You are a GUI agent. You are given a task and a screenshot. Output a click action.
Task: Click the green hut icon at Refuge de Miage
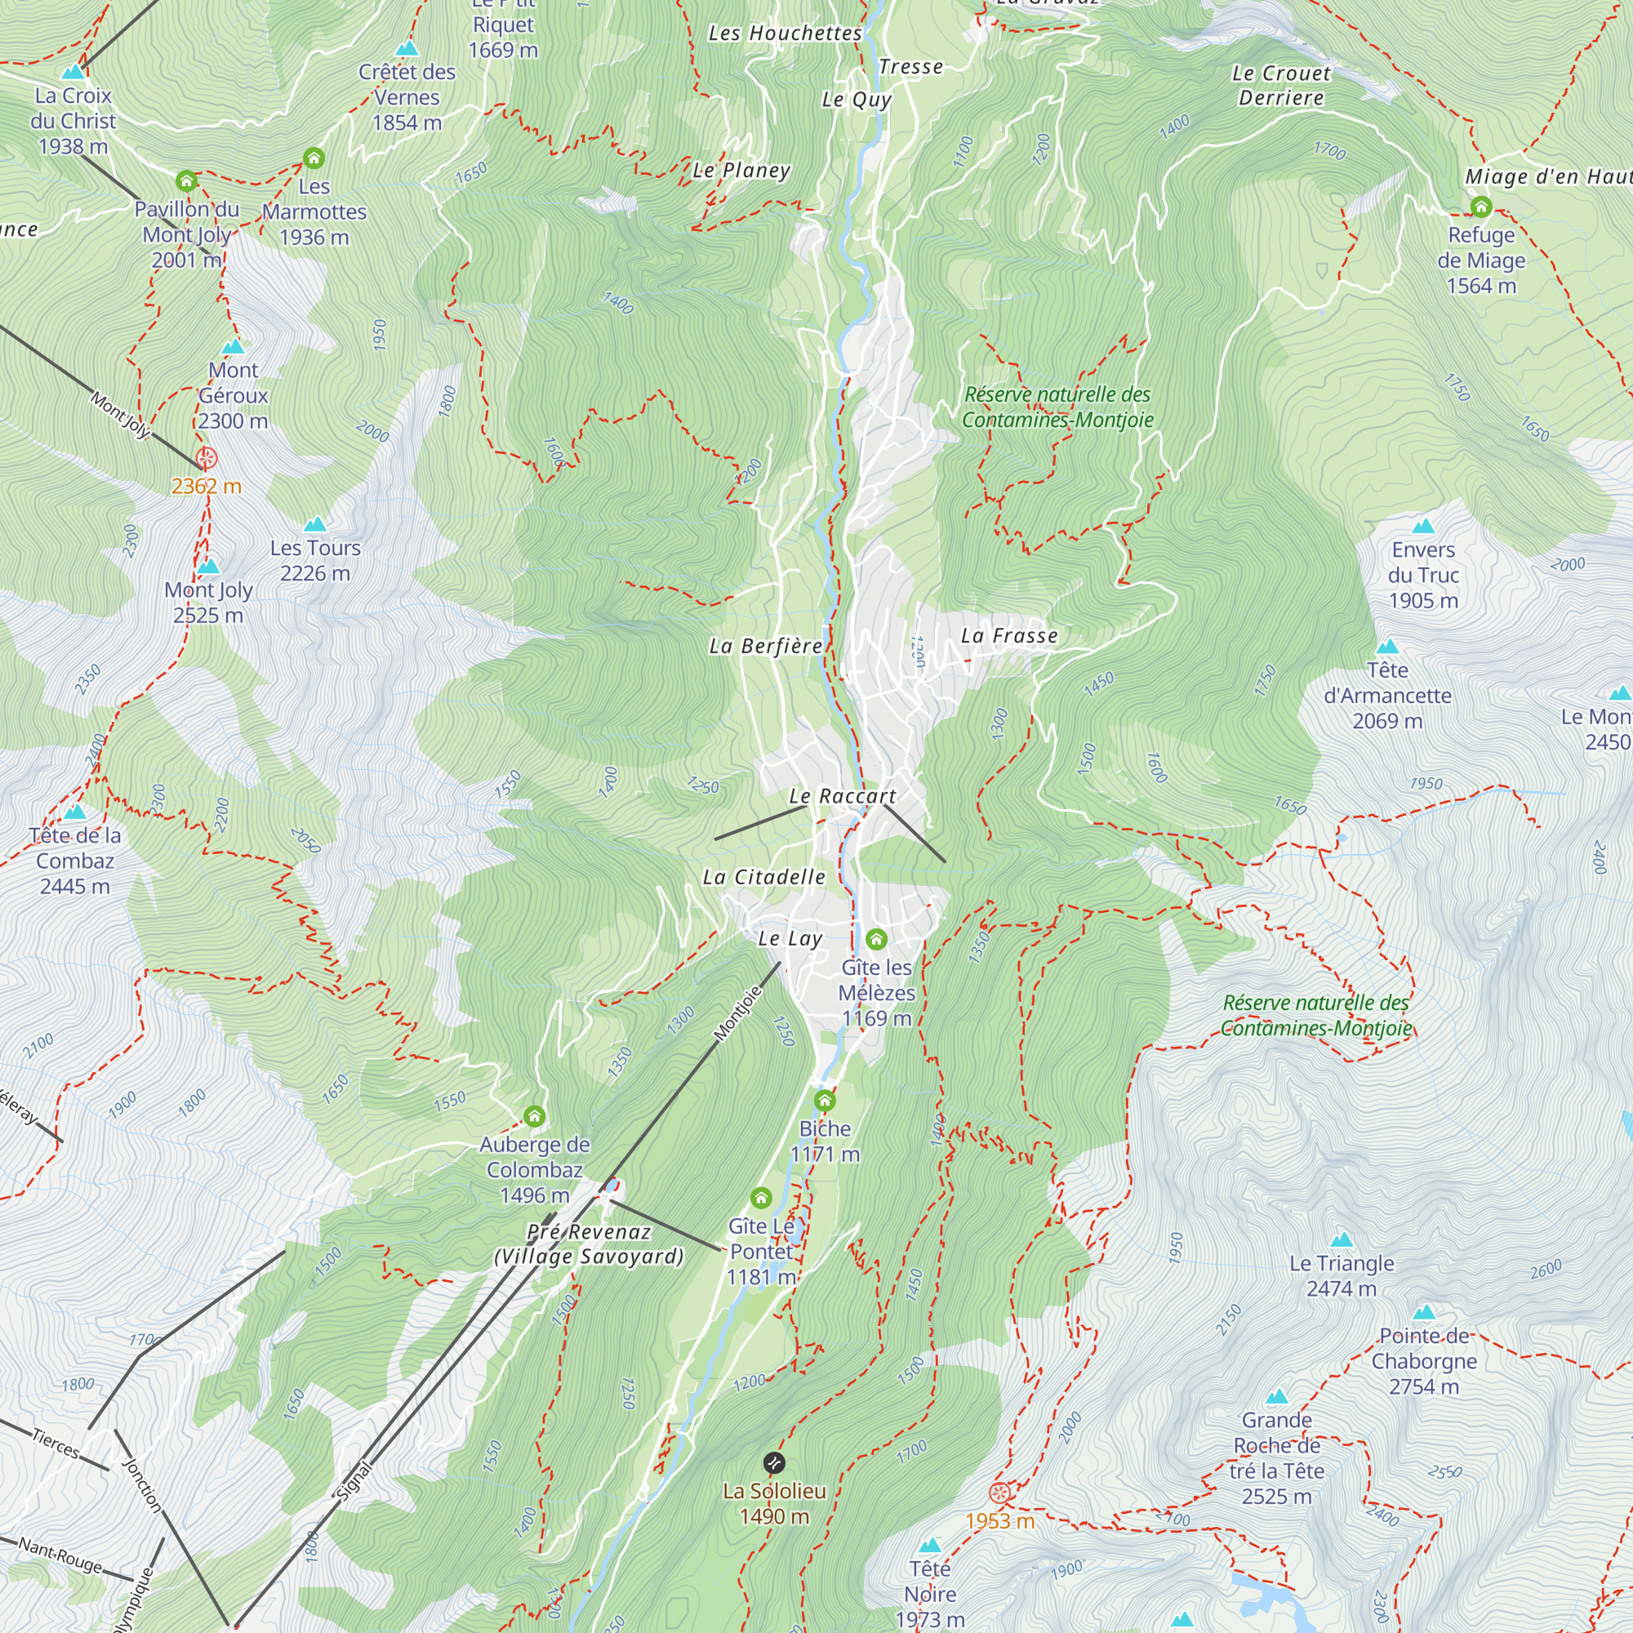1481,207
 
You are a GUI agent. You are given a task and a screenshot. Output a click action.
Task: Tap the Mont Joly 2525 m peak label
208,603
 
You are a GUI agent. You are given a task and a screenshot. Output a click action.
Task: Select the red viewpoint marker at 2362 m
207,459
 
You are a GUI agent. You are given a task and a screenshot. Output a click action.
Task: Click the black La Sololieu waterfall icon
773,1463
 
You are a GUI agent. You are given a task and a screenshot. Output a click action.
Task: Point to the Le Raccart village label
842,796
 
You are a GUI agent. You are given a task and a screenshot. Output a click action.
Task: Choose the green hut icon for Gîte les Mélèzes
875,939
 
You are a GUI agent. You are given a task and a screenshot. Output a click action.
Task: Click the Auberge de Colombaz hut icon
534,1116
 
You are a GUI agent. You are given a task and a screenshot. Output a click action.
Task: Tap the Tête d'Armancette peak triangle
1387,647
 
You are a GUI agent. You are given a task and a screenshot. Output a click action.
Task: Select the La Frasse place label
1009,635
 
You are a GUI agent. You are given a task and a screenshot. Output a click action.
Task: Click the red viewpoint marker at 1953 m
999,1493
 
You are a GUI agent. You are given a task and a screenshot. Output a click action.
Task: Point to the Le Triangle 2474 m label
1342,1275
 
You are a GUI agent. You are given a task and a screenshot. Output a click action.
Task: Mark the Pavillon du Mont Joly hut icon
186,181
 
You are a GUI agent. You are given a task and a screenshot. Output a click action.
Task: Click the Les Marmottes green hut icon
314,158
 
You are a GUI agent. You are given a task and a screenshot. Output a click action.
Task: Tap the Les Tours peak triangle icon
314,524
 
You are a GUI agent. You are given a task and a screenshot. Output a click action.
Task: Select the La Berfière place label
765,647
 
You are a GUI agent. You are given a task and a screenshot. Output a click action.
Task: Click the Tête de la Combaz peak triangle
75,812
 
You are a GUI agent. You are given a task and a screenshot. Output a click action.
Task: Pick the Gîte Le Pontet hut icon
761,1198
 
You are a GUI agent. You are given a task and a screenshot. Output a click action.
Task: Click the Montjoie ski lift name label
738,1012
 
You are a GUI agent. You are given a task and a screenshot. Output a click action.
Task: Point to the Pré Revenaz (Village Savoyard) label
590,1244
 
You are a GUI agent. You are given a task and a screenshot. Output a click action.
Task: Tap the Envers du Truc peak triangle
1423,527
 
